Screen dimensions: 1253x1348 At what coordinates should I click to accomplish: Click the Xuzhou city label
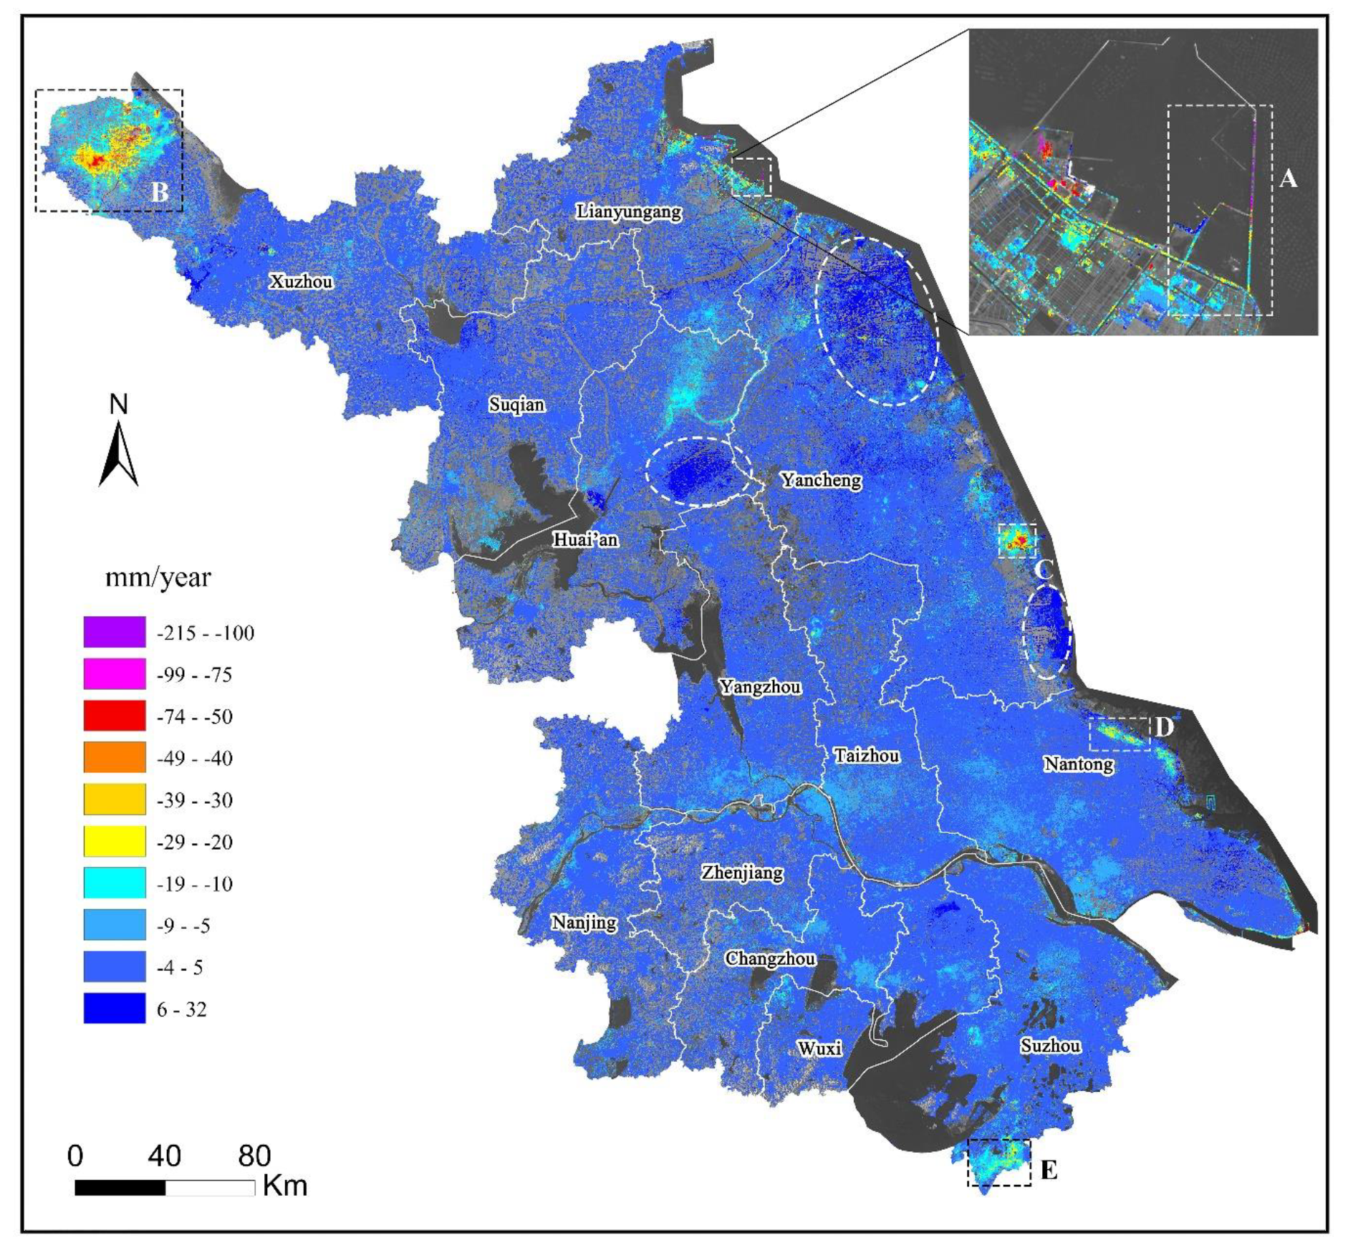pos(301,282)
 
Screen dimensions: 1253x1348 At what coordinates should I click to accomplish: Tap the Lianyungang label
pos(629,212)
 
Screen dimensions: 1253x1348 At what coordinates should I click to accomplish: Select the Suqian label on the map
pos(516,405)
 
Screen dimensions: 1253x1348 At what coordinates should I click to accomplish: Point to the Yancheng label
pos(821,480)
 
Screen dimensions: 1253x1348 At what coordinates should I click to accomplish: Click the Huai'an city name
pos(584,539)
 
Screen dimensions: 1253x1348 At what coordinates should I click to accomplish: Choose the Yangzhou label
pos(760,687)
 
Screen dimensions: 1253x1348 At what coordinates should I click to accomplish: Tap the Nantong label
pos(1078,764)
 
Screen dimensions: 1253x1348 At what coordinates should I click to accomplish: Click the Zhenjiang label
pos(742,873)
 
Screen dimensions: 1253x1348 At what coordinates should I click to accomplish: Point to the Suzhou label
pos(1050,1046)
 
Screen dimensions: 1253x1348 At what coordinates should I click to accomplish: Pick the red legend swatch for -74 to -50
pos(115,716)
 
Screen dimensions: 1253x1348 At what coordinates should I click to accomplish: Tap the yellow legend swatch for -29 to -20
pos(115,841)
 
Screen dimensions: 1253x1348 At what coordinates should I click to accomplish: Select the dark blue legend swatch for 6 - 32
pos(115,1009)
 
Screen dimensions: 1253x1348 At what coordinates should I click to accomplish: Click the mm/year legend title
pos(158,577)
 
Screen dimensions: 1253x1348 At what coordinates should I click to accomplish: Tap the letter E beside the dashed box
pos(1048,1171)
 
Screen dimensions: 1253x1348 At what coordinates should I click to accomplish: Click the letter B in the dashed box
pos(159,192)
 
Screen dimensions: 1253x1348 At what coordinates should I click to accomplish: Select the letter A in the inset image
pos(1288,178)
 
